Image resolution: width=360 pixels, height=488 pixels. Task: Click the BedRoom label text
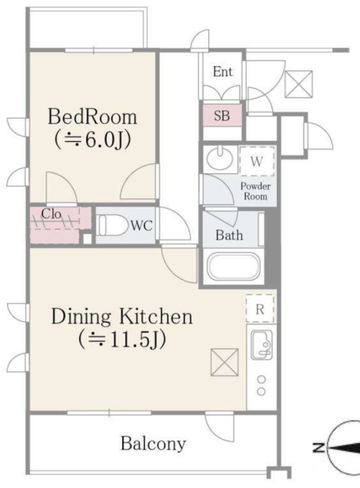[x=92, y=117]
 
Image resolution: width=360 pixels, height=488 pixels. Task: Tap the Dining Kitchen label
[x=122, y=316]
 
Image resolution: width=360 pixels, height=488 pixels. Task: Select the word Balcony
[x=153, y=444]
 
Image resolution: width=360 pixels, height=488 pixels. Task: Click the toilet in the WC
[x=112, y=225]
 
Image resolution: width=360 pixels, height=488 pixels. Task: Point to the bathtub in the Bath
[x=233, y=267]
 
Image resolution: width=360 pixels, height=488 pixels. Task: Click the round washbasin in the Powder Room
[x=220, y=159]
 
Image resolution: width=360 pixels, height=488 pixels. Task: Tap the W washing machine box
[x=257, y=161]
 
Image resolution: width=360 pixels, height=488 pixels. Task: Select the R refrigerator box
[x=260, y=309]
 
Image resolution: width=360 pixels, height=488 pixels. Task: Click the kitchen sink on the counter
[x=262, y=345]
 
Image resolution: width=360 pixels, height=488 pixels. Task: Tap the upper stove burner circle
[x=262, y=380]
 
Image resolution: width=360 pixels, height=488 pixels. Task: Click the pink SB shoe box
[x=222, y=115]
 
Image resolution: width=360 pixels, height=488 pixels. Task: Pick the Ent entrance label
[x=223, y=72]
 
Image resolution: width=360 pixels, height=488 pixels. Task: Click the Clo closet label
[x=51, y=213]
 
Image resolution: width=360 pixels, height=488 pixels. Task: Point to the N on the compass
[x=319, y=448]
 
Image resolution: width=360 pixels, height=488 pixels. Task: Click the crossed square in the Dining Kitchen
[x=224, y=362]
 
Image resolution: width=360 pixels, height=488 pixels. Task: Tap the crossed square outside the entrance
[x=299, y=84]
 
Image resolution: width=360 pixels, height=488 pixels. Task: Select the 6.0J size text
[x=92, y=140]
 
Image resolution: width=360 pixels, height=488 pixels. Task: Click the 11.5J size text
[x=122, y=340]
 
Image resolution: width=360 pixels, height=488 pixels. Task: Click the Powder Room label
[x=256, y=191]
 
